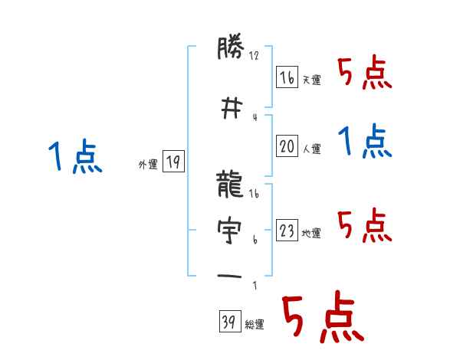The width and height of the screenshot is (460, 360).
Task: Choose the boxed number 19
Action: point(173,162)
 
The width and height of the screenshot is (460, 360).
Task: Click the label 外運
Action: point(147,164)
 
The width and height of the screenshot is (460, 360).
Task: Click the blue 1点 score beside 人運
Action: point(366,141)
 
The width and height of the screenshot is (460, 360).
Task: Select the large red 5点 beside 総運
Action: point(321,319)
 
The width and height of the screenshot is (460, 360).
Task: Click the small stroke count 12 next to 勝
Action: point(255,56)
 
